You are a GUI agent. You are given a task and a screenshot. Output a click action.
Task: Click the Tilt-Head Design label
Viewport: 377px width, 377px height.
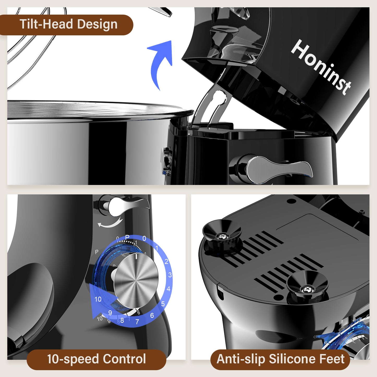pyautogui.click(x=68, y=25)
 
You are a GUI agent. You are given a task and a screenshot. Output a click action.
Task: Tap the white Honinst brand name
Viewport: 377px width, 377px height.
pyautogui.click(x=321, y=67)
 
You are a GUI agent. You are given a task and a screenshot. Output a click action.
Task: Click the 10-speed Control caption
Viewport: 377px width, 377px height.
pyautogui.click(x=96, y=359)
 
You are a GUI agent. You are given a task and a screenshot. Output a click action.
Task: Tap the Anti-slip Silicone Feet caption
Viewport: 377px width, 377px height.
pyautogui.click(x=280, y=359)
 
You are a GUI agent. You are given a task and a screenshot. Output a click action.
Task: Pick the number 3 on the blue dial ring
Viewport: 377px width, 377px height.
pyautogui.click(x=170, y=275)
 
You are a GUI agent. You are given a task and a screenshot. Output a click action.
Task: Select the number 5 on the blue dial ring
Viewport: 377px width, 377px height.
pyautogui.click(x=163, y=304)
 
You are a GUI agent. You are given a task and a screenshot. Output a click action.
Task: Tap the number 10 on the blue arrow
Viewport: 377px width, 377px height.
pyautogui.click(x=98, y=299)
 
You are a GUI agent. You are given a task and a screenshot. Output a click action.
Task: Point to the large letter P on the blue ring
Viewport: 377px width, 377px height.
pyautogui.click(x=127, y=237)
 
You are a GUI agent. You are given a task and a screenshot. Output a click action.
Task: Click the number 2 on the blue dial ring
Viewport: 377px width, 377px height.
pyautogui.click(x=166, y=261)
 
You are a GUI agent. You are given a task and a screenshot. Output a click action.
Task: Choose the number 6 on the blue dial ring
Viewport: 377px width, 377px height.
pyautogui.click(x=152, y=315)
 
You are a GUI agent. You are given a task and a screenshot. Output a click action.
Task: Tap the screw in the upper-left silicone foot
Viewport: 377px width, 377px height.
pyautogui.click(x=222, y=236)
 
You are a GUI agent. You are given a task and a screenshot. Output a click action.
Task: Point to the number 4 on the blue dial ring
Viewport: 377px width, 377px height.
pyautogui.click(x=169, y=289)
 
